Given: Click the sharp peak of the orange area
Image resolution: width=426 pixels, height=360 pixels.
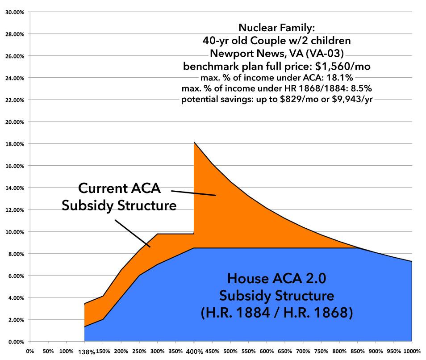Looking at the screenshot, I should [x=194, y=142].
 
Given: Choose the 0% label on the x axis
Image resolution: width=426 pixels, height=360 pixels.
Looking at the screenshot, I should [x=30, y=351].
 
